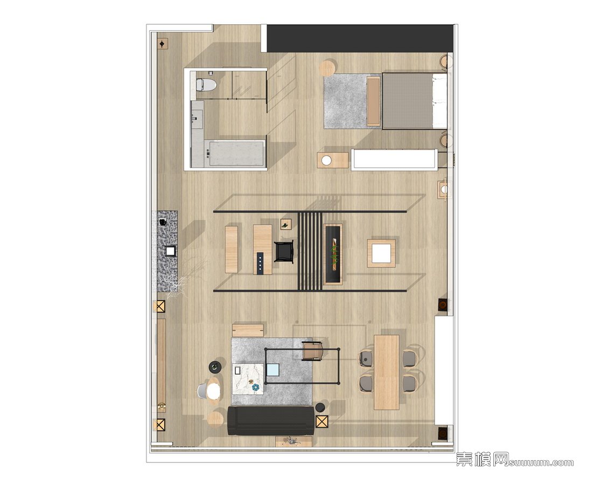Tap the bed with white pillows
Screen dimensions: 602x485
pyautogui.click(x=415, y=101)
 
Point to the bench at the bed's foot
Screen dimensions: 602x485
pyautogui.click(x=373, y=101)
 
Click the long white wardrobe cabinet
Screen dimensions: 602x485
pyautogui.click(x=394, y=159)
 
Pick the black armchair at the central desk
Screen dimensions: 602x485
pyautogui.click(x=284, y=252)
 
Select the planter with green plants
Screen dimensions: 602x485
pyautogui.click(x=332, y=254)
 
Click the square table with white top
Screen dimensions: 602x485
pyautogui.click(x=381, y=253)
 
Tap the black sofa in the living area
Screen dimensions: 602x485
pyautogui.click(x=271, y=420)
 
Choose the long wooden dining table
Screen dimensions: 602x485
pyautogui.click(x=387, y=372)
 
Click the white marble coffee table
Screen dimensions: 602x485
pyautogui.click(x=248, y=378)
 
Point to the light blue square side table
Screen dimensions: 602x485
pyautogui.click(x=273, y=370)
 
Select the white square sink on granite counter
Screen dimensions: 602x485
pyautogui.click(x=170, y=251)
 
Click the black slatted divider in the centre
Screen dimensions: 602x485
pyautogui.click(x=310, y=251)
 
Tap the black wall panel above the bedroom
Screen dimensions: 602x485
pyautogui.click(x=360, y=38)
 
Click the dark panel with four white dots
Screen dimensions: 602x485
pyautogui.click(x=260, y=264)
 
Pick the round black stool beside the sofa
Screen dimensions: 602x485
pyautogui.click(x=320, y=408)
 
